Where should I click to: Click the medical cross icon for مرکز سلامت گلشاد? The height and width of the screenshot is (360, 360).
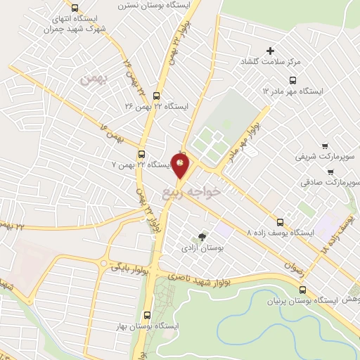point(269,50)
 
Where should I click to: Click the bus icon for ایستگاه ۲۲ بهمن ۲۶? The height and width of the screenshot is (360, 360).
point(155,96)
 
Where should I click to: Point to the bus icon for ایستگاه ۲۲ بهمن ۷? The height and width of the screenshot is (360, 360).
point(141,154)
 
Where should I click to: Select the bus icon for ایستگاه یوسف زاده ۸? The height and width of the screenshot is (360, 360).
point(281,221)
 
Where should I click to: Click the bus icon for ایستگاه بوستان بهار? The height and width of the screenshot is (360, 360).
point(147,315)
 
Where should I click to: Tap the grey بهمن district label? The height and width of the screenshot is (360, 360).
point(90,79)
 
